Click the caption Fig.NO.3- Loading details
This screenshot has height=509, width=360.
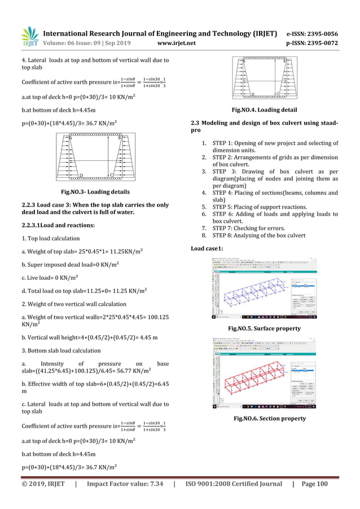[x=95, y=192]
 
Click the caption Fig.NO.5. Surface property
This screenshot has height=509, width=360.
[x=264, y=328]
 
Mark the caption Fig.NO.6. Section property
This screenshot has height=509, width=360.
[x=265, y=418]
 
